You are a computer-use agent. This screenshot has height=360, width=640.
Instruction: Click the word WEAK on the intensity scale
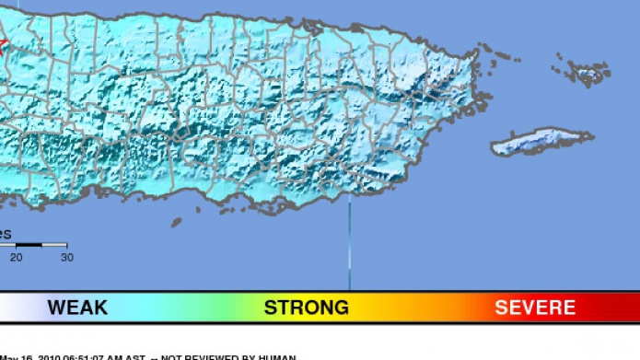(x=77, y=308)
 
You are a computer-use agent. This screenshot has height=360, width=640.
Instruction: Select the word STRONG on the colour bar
(x=307, y=308)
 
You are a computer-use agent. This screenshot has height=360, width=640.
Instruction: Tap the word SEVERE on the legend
(x=535, y=308)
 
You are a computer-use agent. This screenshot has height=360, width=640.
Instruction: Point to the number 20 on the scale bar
(x=16, y=257)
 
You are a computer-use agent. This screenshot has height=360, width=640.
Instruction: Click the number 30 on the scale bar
(x=66, y=257)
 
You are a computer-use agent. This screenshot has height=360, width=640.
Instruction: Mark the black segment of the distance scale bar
(x=29, y=245)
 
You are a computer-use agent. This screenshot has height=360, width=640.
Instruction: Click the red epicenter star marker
(x=2, y=42)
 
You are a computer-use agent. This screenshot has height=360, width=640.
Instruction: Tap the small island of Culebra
(x=588, y=71)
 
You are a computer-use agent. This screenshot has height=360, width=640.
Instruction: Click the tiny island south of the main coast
(x=177, y=220)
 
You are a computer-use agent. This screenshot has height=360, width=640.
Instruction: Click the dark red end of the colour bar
(x=626, y=308)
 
